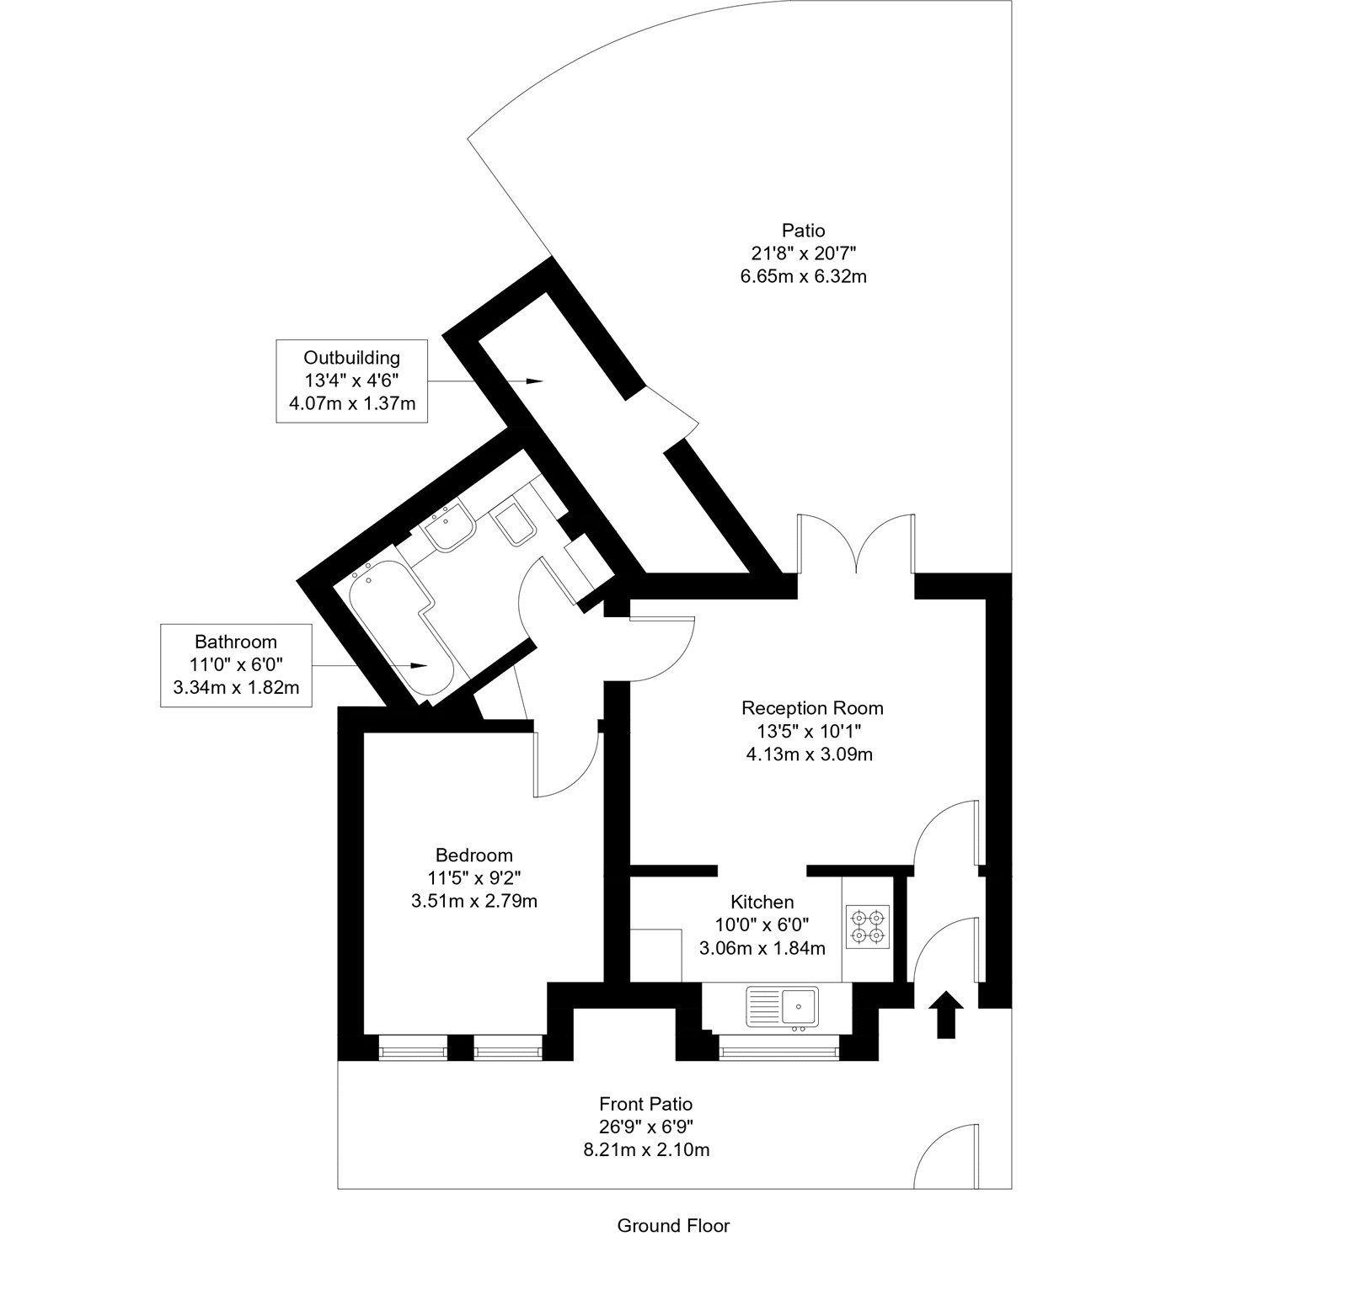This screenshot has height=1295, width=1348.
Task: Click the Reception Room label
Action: click(811, 707)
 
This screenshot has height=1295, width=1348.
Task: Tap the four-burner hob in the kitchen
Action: click(867, 925)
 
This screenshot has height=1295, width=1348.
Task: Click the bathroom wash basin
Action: click(449, 527)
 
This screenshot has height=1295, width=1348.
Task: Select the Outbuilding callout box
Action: click(351, 381)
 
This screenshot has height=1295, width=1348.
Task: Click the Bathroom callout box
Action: click(236, 665)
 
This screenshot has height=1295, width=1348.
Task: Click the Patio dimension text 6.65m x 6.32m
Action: click(803, 275)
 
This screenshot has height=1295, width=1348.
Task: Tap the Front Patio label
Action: click(645, 1103)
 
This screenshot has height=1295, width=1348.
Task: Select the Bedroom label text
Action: click(473, 855)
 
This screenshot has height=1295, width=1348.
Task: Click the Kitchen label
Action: click(762, 902)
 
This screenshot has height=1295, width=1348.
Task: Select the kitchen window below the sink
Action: click(778, 1051)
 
